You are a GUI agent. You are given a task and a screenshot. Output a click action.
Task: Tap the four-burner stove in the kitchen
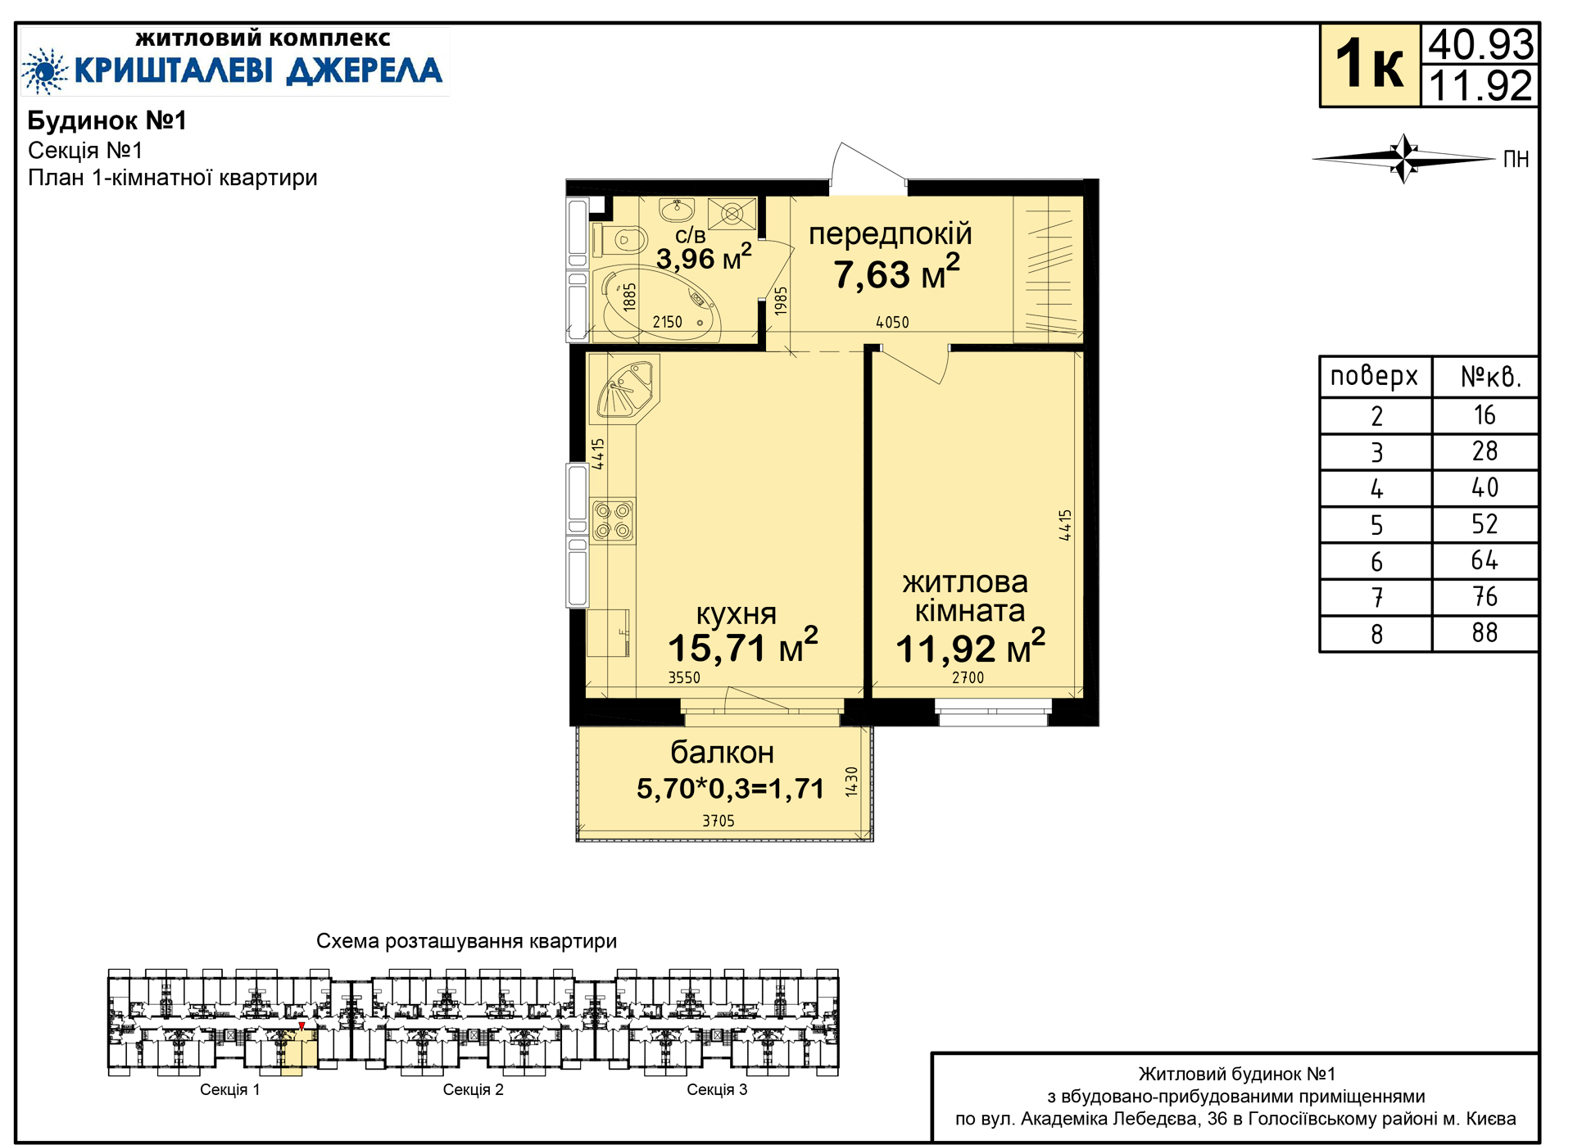point(613,521)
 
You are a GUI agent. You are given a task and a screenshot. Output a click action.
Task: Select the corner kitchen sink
point(626,390)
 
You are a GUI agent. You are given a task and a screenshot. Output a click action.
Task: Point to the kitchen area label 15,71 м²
point(742,646)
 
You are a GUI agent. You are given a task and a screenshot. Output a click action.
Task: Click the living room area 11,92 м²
point(970,647)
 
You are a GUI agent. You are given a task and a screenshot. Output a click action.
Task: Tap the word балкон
point(722,752)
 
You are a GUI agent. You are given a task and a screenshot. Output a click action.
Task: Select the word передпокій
point(891,234)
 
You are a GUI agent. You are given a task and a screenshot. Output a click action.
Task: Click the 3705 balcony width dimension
point(719,821)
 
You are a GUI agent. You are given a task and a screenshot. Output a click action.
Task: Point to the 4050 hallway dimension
point(892,322)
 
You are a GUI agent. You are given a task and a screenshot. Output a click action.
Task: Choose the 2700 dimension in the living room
point(968,677)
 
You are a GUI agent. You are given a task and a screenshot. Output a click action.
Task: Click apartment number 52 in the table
point(1485,524)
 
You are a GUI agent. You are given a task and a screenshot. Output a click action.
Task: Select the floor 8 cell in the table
point(1376,634)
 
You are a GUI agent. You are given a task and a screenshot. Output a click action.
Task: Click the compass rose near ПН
point(1404,158)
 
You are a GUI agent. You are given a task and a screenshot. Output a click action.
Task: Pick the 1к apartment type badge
point(1369,66)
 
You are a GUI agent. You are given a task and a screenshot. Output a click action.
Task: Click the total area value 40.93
point(1481,44)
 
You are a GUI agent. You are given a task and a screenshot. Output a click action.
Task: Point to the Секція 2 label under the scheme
point(473,1089)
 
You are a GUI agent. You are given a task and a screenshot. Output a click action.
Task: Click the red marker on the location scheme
point(301,1026)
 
